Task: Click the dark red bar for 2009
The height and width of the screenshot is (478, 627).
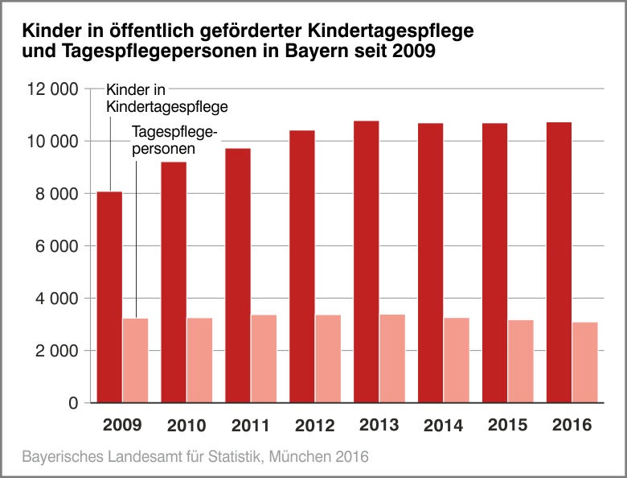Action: point(109,297)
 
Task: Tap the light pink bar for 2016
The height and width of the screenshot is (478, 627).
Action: point(584,362)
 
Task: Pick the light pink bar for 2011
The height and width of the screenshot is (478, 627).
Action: point(264,358)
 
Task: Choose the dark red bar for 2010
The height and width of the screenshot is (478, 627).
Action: point(174,282)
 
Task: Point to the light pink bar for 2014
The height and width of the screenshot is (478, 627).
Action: point(457,360)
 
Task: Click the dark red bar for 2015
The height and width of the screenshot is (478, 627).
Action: point(494,262)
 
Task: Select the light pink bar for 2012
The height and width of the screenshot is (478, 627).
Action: point(328,358)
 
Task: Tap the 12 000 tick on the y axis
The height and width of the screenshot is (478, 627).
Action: point(52,89)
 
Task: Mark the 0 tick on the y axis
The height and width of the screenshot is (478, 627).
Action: point(72,403)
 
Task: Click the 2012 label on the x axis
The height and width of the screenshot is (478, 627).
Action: point(314,426)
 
